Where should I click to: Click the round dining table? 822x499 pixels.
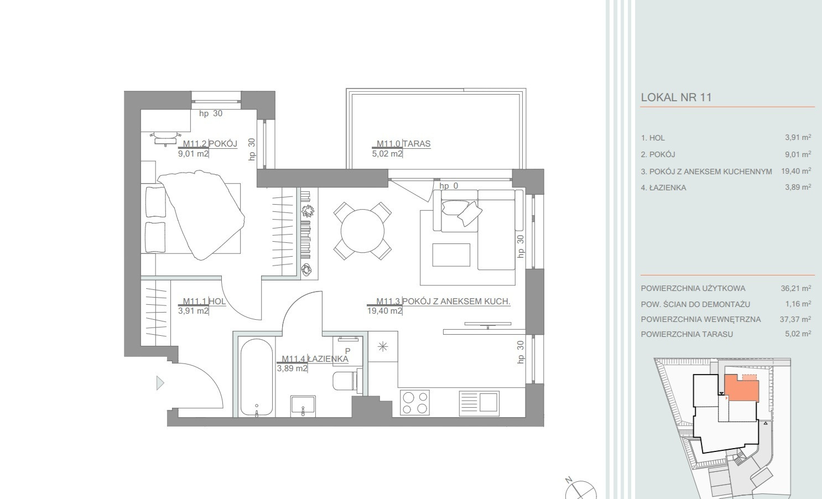pyautogui.click(x=362, y=231)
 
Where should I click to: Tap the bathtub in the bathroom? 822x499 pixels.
pyautogui.click(x=257, y=377)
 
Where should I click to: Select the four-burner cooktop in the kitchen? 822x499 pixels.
pyautogui.click(x=415, y=403)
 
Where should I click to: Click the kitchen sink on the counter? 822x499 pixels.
pyautogui.click(x=479, y=403)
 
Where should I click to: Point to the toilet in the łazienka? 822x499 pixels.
pyautogui.click(x=345, y=381)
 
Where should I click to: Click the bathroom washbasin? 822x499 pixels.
pyautogui.click(x=303, y=406)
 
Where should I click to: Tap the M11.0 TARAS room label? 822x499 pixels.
pyautogui.click(x=403, y=143)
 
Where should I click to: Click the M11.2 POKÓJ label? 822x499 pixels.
pyautogui.click(x=210, y=143)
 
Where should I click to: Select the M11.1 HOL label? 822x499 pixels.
pyautogui.click(x=204, y=302)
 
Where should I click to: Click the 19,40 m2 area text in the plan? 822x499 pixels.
pyautogui.click(x=384, y=311)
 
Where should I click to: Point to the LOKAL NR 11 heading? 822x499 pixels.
pyautogui.click(x=676, y=97)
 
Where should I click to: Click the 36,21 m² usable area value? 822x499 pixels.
pyautogui.click(x=795, y=288)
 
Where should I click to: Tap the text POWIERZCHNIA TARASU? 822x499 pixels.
pyautogui.click(x=686, y=334)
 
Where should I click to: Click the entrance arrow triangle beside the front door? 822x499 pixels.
pyautogui.click(x=160, y=383)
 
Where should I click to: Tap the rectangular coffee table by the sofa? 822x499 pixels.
pyautogui.click(x=451, y=254)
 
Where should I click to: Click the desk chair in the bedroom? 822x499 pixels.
pyautogui.click(x=165, y=138)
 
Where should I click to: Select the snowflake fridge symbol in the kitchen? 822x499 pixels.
pyautogui.click(x=383, y=346)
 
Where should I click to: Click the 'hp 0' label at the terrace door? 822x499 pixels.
pyautogui.click(x=449, y=186)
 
